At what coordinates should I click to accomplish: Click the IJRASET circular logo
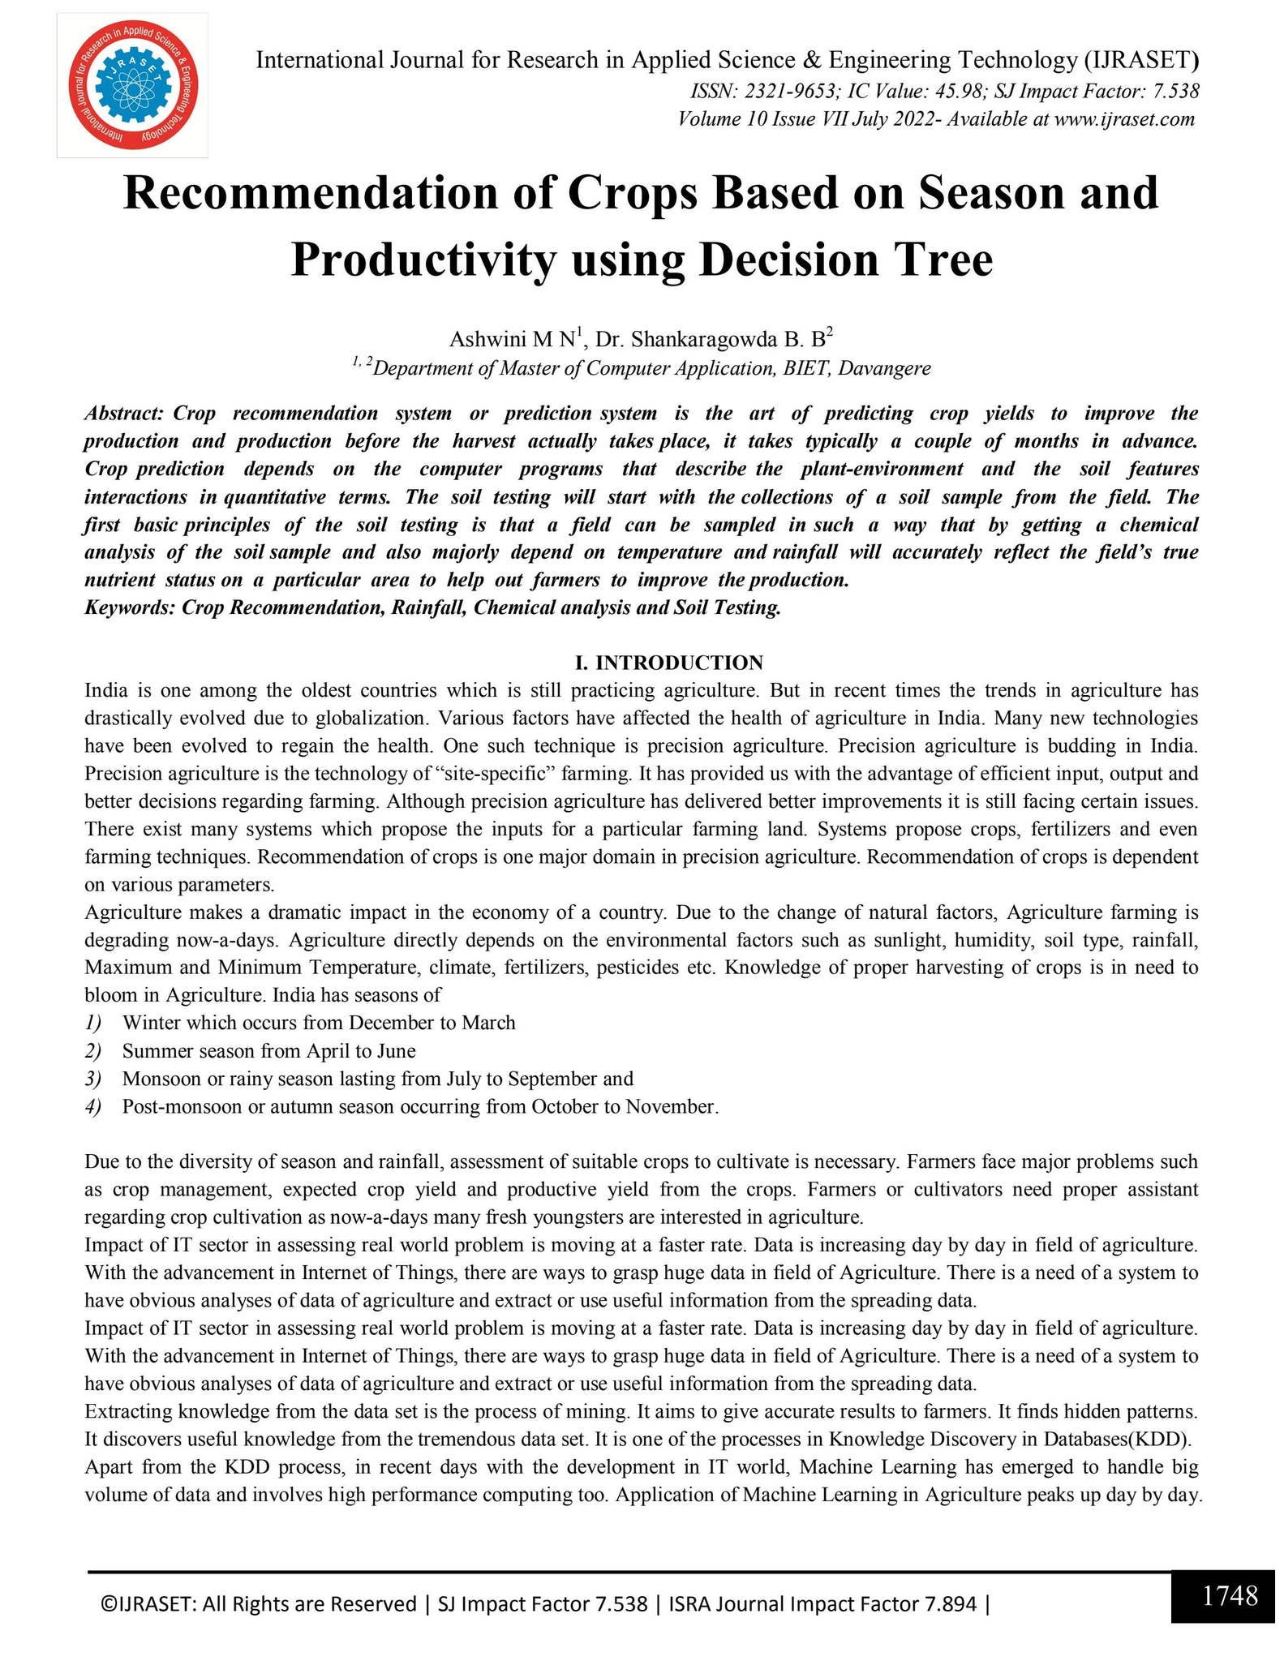coord(132,85)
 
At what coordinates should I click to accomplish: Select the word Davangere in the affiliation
coord(884,368)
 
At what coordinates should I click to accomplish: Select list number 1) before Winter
coord(93,1023)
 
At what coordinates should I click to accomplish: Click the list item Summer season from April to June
coord(268,1051)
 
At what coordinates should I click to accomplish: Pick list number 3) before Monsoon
coord(93,1079)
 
